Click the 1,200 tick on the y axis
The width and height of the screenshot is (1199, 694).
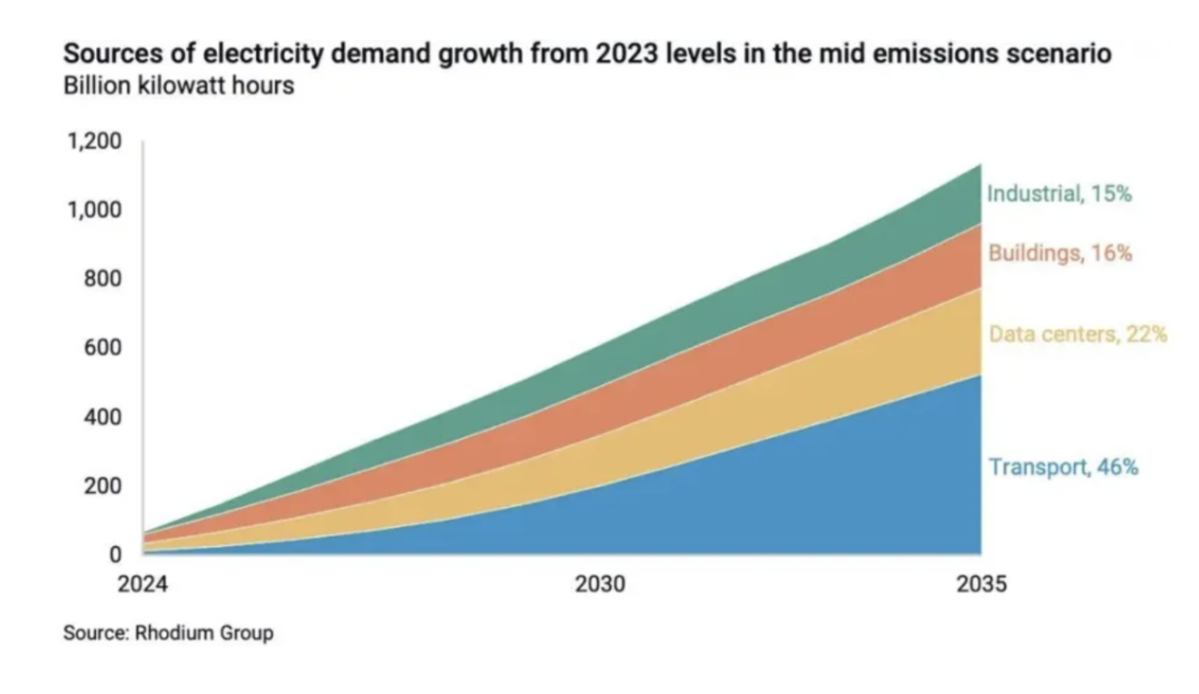[x=93, y=142]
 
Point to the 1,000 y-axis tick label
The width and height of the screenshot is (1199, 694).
[x=93, y=211]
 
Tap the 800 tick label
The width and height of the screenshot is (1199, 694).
[x=102, y=279]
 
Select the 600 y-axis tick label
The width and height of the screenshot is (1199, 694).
[x=102, y=348]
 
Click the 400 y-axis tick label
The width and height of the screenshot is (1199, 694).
[x=102, y=417]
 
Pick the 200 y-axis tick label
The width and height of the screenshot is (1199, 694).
[x=102, y=486]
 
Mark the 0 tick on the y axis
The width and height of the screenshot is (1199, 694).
[x=114, y=554]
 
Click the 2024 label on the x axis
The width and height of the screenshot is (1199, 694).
[x=142, y=583]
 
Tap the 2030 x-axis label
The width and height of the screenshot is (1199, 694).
[x=601, y=583]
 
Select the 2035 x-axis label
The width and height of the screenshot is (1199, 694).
[x=981, y=583]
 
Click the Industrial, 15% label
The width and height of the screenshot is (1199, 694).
[x=1059, y=193]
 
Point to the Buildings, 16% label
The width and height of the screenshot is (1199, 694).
[x=1060, y=253]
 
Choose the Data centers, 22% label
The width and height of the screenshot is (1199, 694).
[x=1078, y=334]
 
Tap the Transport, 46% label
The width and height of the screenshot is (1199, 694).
[x=1063, y=467]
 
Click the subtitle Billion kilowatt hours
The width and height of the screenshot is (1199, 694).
[x=178, y=88]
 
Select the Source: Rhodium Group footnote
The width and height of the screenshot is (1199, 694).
[x=168, y=632]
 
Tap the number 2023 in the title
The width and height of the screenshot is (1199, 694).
[x=625, y=54]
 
